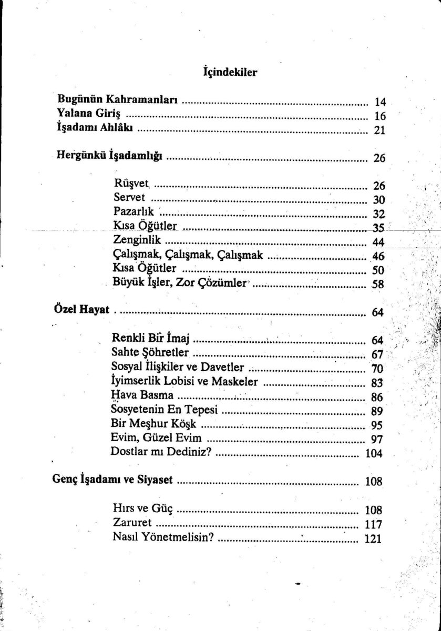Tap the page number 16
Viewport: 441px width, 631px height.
tap(380, 116)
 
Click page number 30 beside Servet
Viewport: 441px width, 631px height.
tap(380, 200)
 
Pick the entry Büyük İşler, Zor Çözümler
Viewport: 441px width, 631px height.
tap(179, 283)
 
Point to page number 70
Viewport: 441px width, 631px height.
tap(380, 368)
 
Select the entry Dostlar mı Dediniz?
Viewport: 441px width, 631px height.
tap(160, 452)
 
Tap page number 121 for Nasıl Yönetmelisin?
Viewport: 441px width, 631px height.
tap(373, 539)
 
